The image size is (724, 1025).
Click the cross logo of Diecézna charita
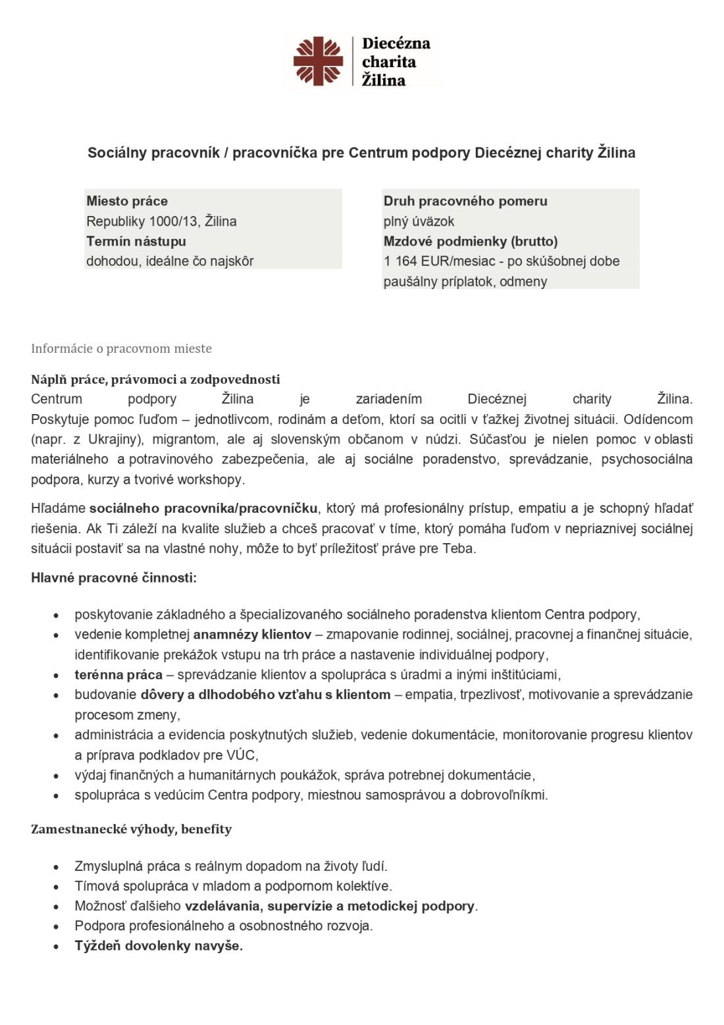point(318,61)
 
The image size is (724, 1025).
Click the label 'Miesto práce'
point(127,201)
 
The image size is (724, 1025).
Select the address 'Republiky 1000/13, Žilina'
point(161,221)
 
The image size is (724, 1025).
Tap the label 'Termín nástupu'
point(136,241)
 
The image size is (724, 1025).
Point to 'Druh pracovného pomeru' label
point(465,201)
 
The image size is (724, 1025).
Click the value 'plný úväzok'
point(419,221)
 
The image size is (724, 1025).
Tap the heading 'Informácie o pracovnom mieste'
point(121,348)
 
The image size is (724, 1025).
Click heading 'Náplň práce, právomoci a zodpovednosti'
point(155,379)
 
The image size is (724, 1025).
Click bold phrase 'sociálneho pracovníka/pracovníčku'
point(203,508)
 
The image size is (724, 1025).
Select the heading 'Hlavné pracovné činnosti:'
point(114,578)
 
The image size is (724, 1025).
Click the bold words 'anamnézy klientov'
point(252,635)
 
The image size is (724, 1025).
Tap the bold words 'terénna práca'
point(118,674)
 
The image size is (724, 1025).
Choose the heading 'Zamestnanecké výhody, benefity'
point(131,829)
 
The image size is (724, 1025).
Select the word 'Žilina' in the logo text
point(384,80)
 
